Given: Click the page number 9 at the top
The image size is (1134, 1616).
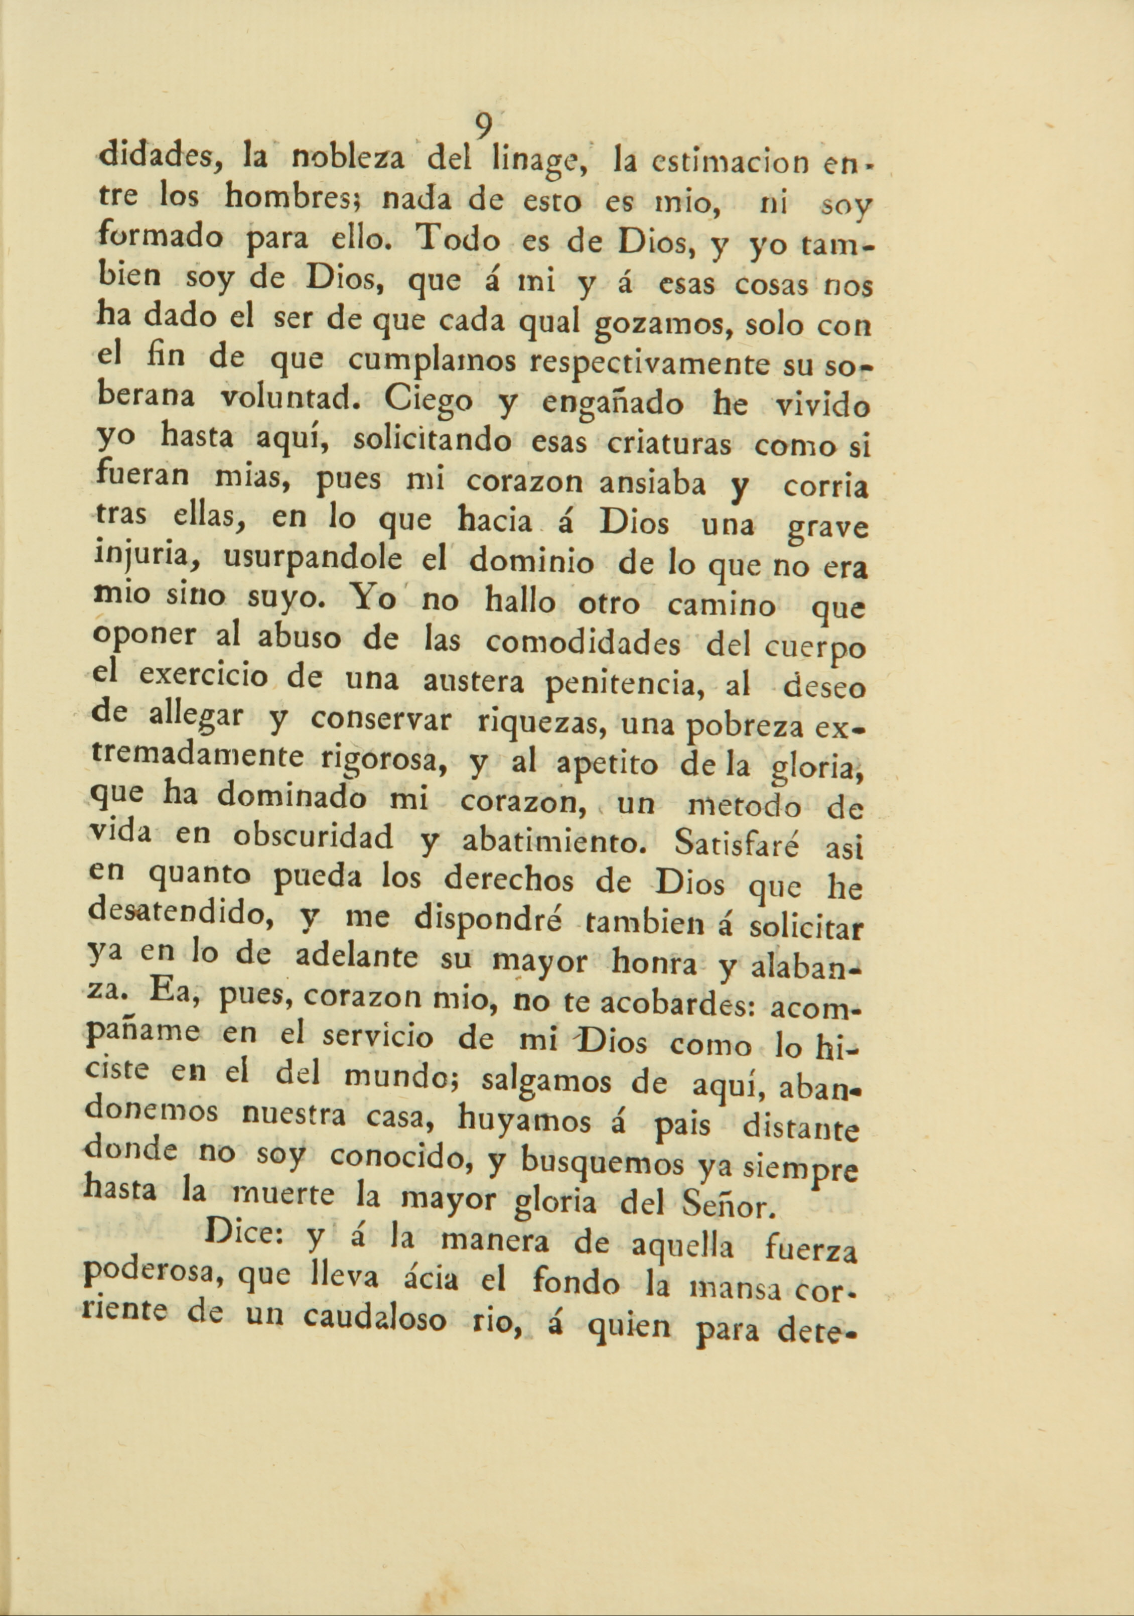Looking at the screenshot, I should [483, 127].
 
